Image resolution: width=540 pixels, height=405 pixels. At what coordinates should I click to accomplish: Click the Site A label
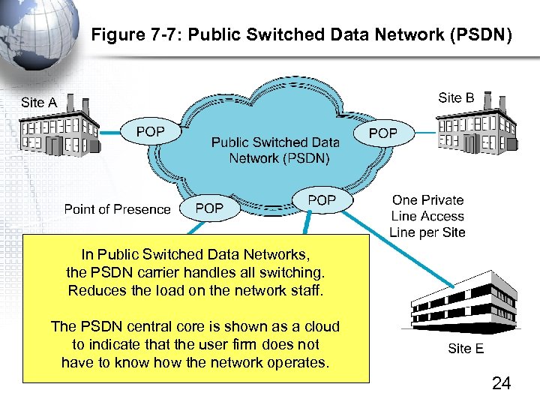coord(39,103)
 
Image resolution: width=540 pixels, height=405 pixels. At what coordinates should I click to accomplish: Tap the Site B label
coord(456,97)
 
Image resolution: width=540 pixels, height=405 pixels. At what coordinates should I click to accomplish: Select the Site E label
coord(466,348)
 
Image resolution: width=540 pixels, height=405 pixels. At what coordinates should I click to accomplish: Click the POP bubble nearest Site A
coord(151,132)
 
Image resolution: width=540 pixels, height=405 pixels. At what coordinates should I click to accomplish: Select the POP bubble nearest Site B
coord(383,133)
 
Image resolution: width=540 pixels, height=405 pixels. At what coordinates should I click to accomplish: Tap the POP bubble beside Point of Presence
coord(209,208)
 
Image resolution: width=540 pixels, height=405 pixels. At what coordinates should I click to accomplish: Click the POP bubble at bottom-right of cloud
coord(322,200)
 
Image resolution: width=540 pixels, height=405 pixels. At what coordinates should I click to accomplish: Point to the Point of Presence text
coord(117,209)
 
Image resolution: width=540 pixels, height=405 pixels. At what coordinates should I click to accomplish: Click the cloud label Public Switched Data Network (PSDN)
coord(275,150)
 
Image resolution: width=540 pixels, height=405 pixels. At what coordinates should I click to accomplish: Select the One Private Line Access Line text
coord(427,216)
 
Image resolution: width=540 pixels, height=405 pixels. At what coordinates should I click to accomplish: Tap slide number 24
coord(501,384)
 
